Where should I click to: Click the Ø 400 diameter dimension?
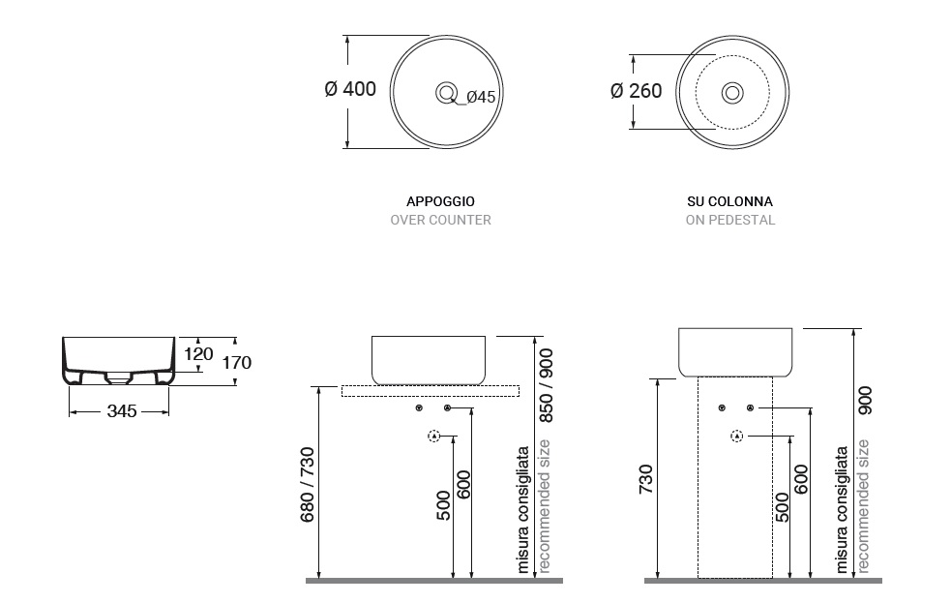click(350, 90)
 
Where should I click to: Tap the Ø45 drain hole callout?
click(481, 97)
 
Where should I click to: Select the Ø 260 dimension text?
click(637, 91)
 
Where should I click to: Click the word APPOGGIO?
click(440, 201)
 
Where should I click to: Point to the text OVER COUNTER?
click(440, 220)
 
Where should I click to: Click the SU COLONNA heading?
click(730, 201)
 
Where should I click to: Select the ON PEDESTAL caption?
click(730, 220)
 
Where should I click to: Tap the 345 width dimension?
click(121, 411)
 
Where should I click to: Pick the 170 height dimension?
click(236, 363)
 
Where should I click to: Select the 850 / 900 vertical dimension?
click(546, 383)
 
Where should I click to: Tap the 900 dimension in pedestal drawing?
click(865, 401)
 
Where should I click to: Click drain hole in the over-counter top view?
click(446, 93)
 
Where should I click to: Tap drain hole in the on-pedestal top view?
click(732, 93)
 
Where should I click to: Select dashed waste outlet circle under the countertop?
click(433, 437)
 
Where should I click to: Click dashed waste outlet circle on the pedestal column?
click(738, 437)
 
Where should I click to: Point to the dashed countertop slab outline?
click(431, 390)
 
